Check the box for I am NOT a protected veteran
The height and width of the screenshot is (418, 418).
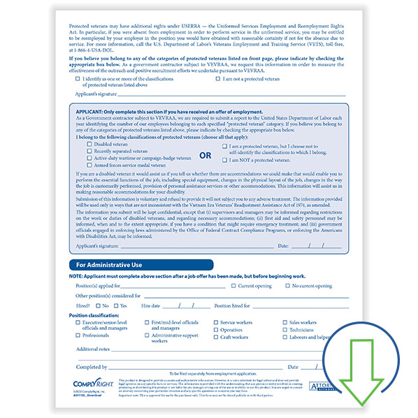pos(225,160)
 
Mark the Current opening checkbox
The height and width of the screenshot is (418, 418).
pos(234,285)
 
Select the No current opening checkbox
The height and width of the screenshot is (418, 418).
pos(287,285)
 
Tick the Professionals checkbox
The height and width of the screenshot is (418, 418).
pos(77,336)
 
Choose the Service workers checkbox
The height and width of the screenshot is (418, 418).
pos(215,322)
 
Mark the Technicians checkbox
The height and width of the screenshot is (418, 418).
pos(285,329)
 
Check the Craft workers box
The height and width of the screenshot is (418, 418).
pos(215,337)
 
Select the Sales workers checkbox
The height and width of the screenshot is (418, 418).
pos(285,322)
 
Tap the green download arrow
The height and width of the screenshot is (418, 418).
pos(357,363)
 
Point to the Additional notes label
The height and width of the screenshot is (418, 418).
pos(93,349)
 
